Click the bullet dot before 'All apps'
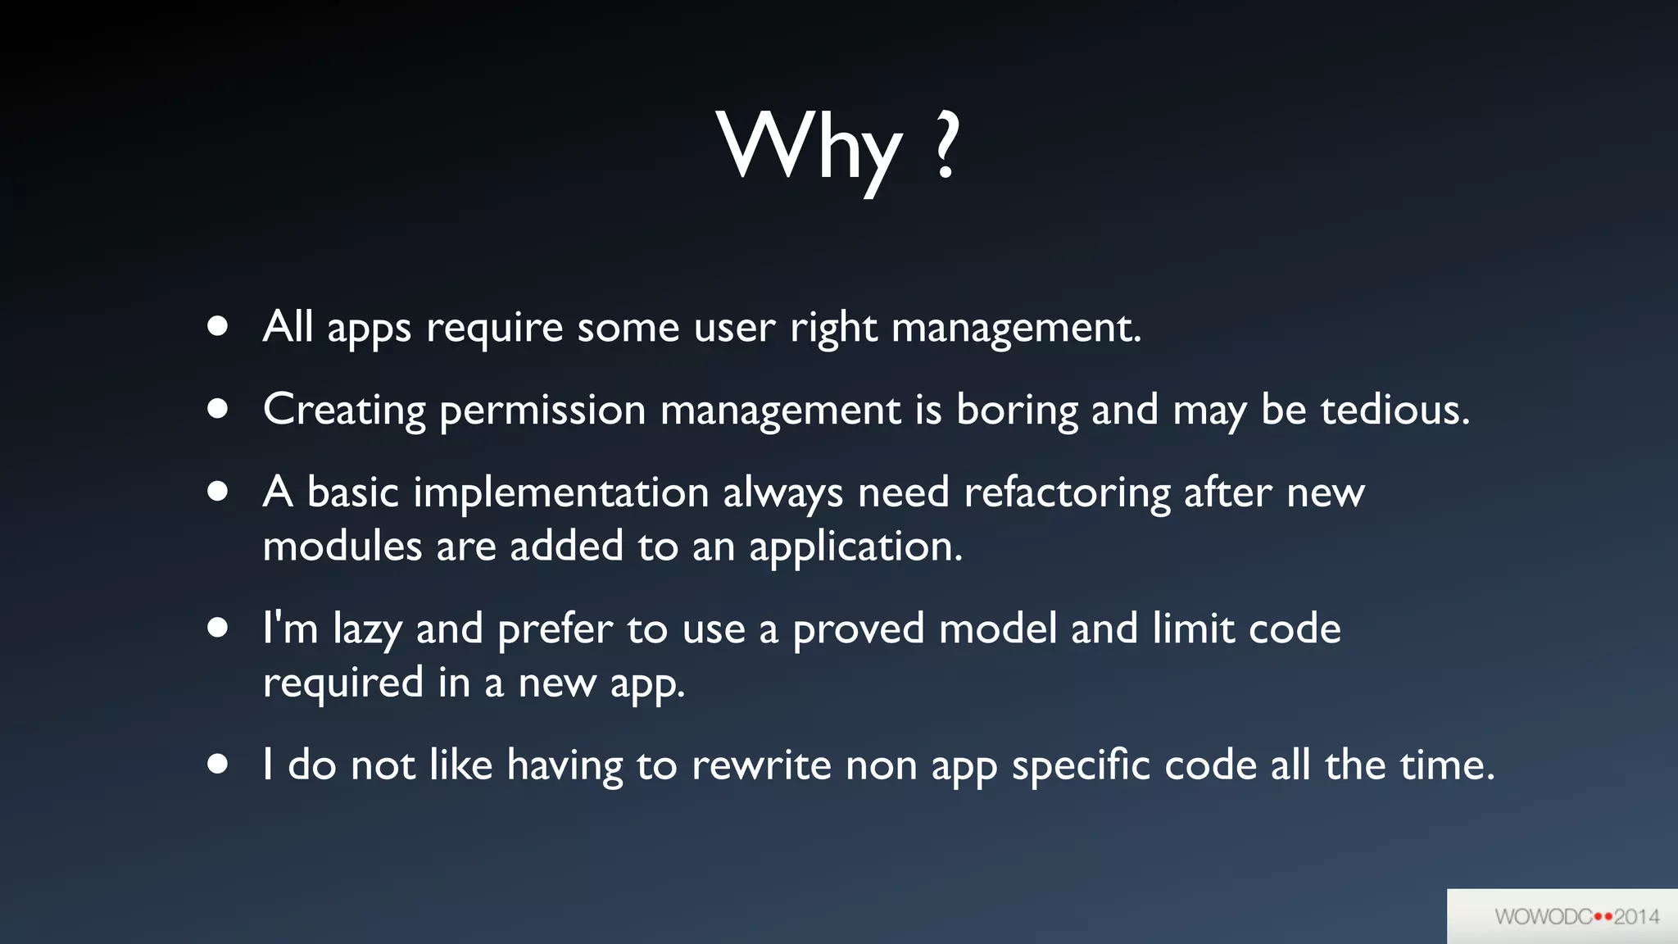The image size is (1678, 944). (217, 327)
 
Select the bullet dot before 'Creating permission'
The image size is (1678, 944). (217, 409)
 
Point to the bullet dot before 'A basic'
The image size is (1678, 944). (217, 492)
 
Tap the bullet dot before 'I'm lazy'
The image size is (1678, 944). (217, 628)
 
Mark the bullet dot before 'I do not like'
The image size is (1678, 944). (217, 765)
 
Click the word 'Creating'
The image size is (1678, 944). (344, 411)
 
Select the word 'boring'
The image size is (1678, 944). (1017, 411)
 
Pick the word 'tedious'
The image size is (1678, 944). (1395, 410)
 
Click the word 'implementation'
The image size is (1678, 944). (560, 493)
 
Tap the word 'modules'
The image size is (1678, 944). (342, 547)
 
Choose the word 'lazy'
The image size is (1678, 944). (367, 630)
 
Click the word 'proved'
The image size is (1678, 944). (858, 630)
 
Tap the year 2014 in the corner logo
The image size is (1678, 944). (1636, 916)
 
